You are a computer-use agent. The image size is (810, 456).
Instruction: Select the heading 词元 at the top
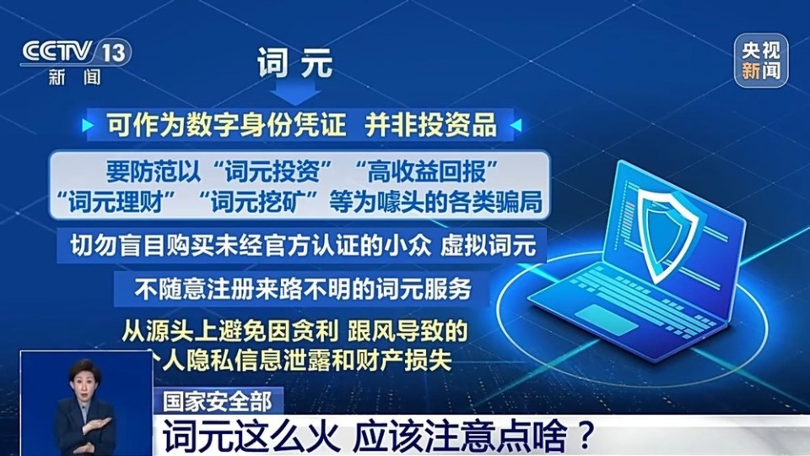tap(295, 64)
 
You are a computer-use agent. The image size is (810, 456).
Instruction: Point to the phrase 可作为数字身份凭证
tap(227, 126)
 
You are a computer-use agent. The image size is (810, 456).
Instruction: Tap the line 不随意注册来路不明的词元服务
tap(302, 289)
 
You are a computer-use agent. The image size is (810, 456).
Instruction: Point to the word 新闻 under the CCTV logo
tap(75, 78)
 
